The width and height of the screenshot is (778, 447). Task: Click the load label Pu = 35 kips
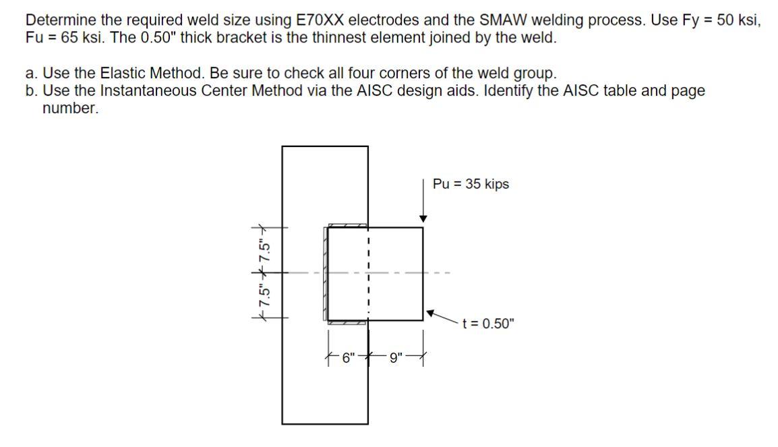coord(471,184)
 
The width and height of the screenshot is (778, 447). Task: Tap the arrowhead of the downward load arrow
coord(423,218)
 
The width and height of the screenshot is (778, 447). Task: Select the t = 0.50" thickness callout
coord(488,324)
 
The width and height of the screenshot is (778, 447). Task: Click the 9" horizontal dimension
coord(395,358)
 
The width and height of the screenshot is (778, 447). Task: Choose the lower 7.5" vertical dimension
coord(267,295)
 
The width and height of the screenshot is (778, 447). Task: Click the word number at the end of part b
coord(70,109)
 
